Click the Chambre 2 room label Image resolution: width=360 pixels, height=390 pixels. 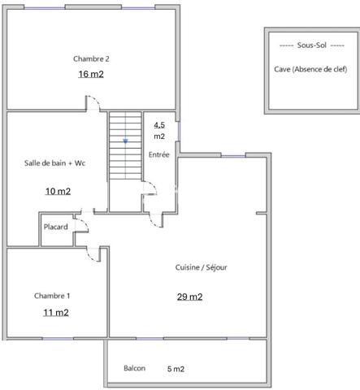tap(91, 58)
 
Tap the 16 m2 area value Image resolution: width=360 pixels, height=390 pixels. tap(91, 74)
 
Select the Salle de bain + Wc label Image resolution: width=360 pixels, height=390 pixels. tap(54, 163)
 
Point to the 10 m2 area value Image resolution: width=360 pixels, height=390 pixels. tap(57, 192)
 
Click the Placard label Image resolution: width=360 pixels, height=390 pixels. tap(55, 227)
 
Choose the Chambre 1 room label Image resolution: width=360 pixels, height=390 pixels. tap(52, 295)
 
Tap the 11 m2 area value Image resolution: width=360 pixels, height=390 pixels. tap(55, 312)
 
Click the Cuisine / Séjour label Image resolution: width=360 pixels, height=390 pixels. tap(200, 267)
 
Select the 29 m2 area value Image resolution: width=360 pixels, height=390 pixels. tap(189, 297)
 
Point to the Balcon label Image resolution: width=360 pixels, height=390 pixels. tap(134, 369)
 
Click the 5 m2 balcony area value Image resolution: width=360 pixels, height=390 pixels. tap(176, 369)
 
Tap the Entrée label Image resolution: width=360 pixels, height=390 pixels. tap(158, 154)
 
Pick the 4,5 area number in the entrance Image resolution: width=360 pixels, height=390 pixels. tap(159, 124)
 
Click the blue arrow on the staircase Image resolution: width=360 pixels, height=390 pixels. tap(125, 141)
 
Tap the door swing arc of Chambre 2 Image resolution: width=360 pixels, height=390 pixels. tap(94, 102)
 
